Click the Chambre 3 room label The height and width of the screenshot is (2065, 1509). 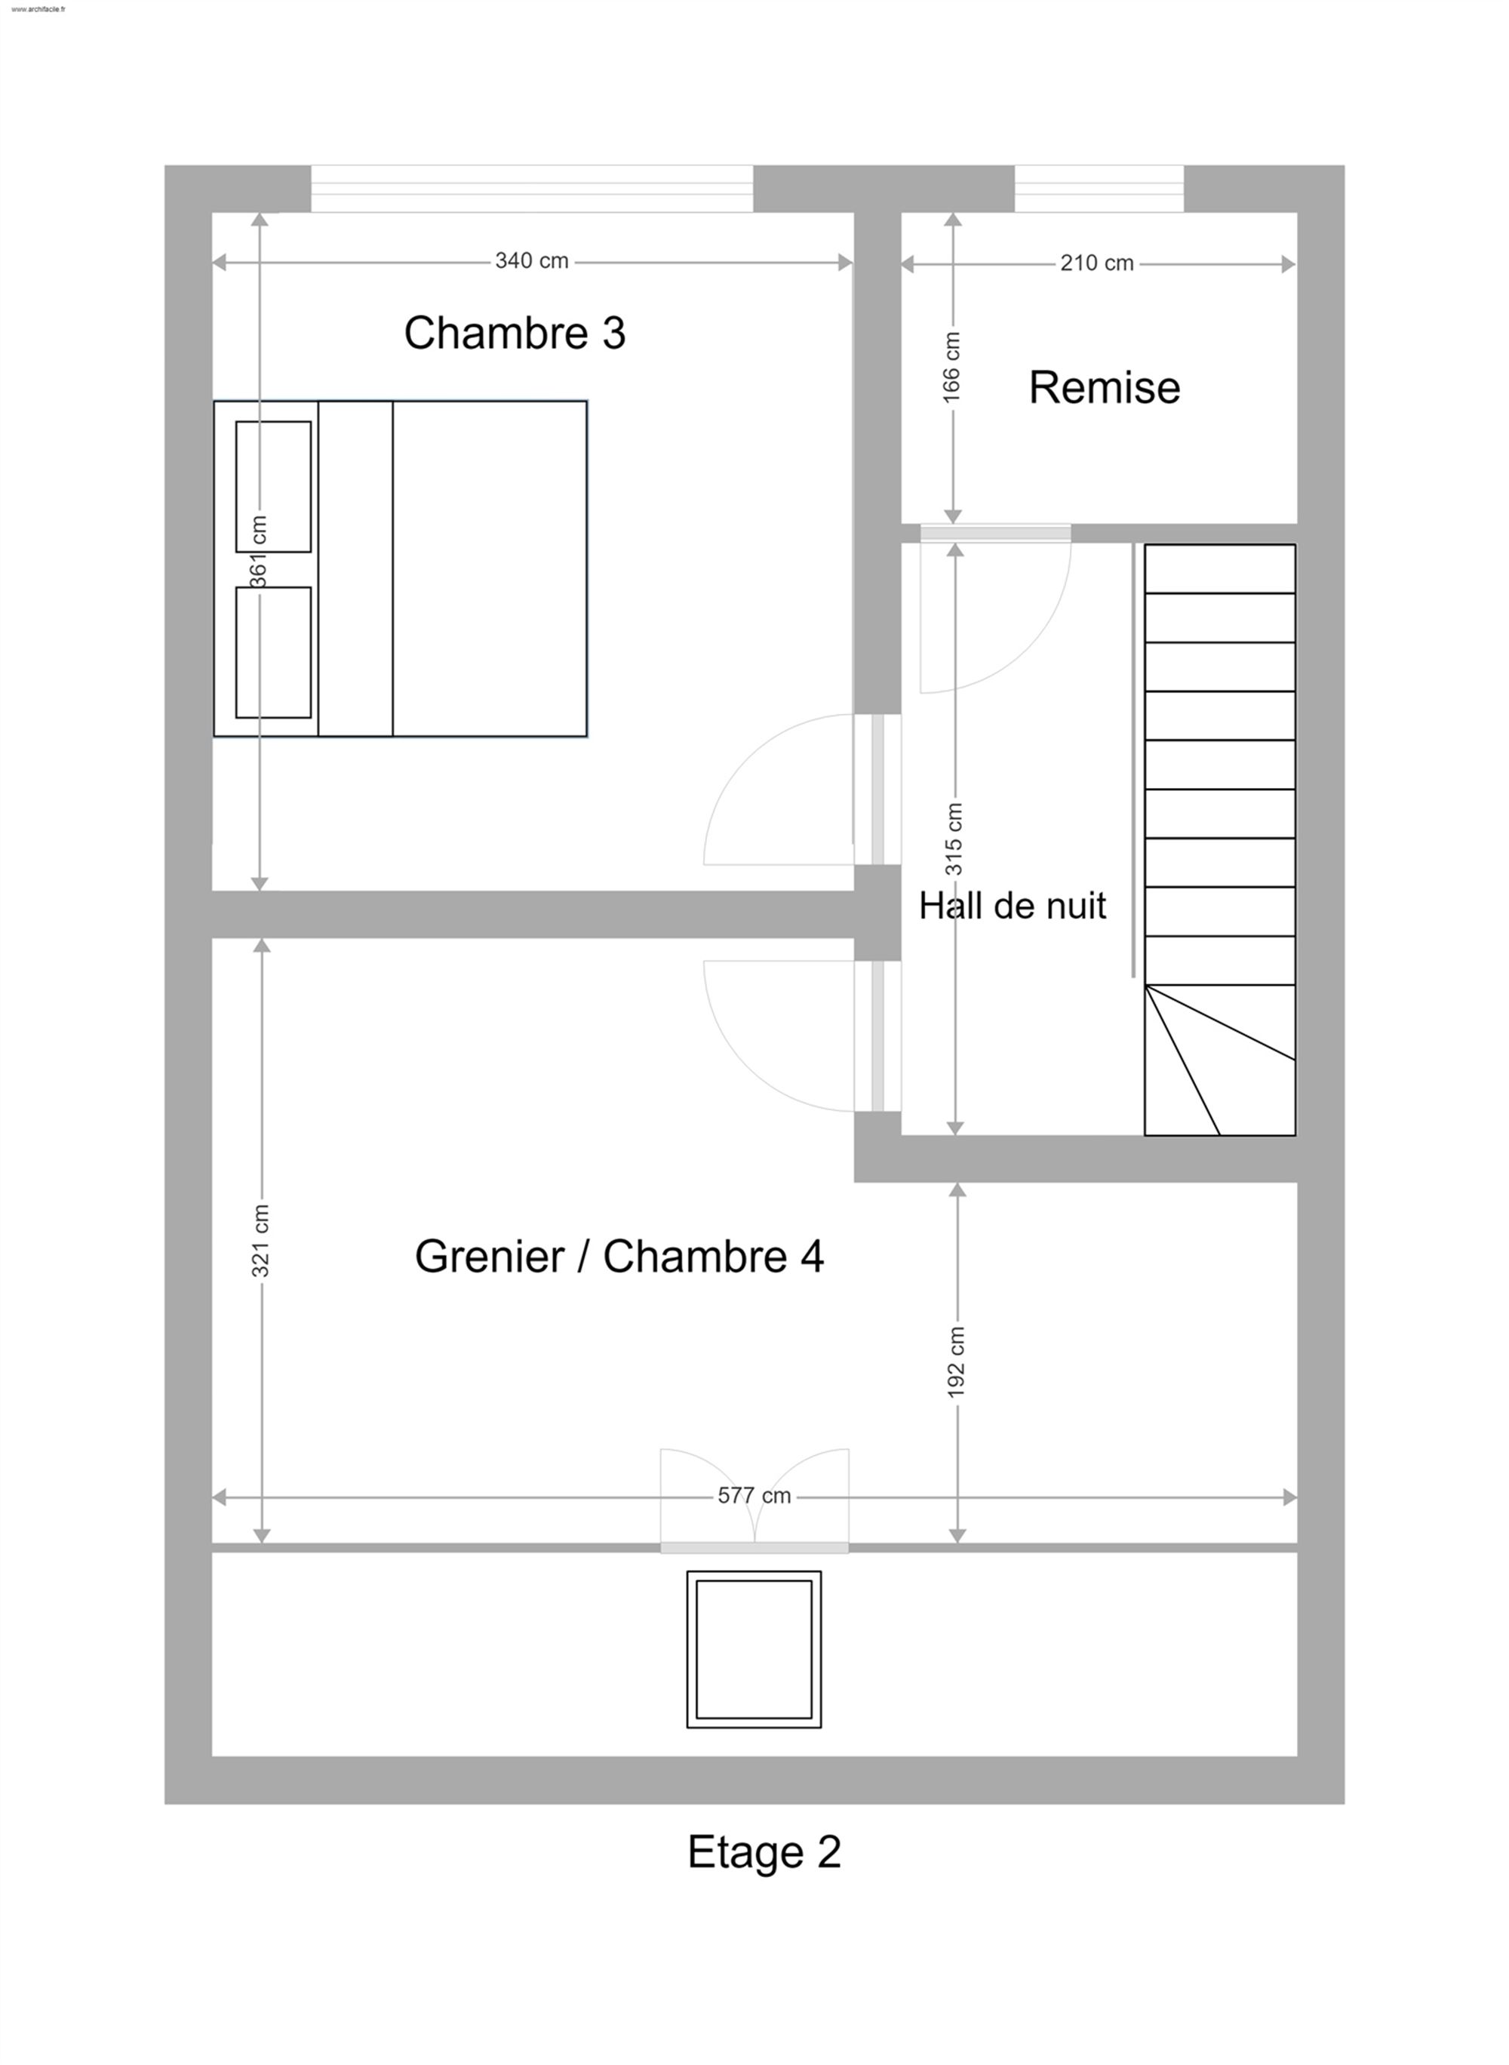[x=515, y=333]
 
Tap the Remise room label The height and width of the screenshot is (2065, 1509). [x=1105, y=387]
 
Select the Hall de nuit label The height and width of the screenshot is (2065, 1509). [x=1012, y=906]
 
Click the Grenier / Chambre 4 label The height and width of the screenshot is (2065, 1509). [x=619, y=1257]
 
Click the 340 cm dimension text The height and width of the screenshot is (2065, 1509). [x=532, y=261]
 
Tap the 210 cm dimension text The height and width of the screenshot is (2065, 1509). [x=1096, y=263]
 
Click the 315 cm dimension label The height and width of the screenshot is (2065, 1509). [x=954, y=838]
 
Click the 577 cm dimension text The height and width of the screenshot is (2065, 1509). [x=754, y=1496]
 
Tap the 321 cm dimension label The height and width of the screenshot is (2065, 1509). [x=260, y=1241]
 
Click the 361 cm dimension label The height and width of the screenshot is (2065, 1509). [x=259, y=551]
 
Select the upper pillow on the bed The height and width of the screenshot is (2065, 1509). [x=273, y=486]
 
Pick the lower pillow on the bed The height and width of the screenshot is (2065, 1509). [x=273, y=652]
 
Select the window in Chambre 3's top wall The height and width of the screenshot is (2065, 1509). [x=532, y=189]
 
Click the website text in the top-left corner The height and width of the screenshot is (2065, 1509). [x=38, y=10]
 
